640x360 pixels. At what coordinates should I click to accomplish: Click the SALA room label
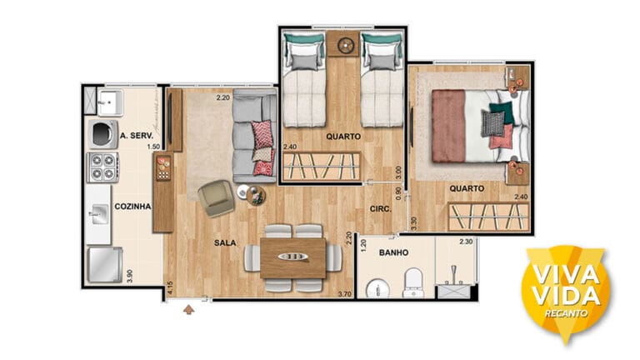click(225, 242)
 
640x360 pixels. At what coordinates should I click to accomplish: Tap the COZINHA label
click(132, 207)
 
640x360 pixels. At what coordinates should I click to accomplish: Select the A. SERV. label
click(137, 136)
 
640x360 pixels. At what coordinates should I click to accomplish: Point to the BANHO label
click(393, 252)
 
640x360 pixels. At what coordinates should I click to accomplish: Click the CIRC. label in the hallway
click(380, 209)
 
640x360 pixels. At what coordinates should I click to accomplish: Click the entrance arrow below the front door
click(188, 309)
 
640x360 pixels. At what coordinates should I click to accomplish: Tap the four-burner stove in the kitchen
click(102, 167)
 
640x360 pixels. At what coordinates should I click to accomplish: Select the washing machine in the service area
click(103, 134)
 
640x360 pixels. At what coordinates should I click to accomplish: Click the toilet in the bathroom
click(413, 282)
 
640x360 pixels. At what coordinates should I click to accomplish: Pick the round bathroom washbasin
click(377, 289)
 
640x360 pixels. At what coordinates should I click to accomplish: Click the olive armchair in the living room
click(217, 198)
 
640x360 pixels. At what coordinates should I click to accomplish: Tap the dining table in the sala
click(293, 258)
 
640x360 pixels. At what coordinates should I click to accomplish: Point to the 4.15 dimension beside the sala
click(170, 288)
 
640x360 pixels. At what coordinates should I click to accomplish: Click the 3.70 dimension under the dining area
click(345, 293)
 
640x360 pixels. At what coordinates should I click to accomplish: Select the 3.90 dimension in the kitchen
click(130, 277)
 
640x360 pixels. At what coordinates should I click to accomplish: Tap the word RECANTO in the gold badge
click(566, 313)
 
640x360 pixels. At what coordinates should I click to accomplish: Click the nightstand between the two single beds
click(342, 43)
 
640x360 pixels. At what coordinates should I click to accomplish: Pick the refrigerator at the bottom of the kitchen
click(104, 264)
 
